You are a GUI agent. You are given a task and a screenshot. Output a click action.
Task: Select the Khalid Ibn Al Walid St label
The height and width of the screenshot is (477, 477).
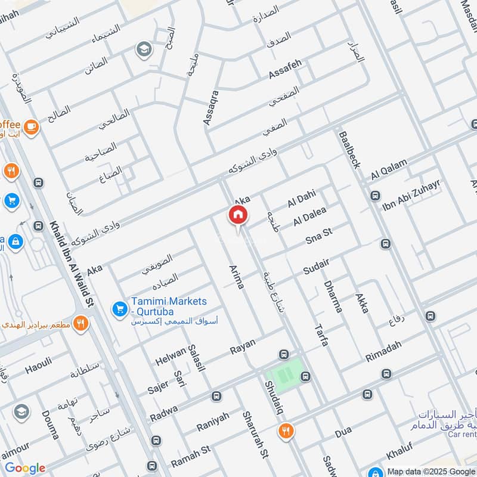point(73,263)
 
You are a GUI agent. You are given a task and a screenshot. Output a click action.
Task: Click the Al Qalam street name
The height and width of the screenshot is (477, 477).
point(389,169)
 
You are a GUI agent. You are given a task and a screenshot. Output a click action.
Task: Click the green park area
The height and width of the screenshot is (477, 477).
point(284,371)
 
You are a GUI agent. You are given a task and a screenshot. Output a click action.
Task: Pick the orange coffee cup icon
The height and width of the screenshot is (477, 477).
point(30,126)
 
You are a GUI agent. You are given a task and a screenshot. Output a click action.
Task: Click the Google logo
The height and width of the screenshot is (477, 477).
point(24,468)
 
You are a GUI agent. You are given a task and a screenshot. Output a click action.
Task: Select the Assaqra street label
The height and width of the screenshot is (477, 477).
point(211,107)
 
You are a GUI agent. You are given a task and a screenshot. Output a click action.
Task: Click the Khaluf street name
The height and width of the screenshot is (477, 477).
point(399,454)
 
